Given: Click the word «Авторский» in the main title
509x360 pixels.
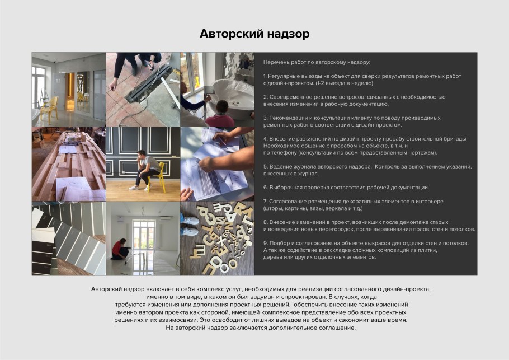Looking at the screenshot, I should [x=227, y=34].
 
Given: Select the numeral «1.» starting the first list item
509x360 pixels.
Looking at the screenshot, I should [x=265, y=75].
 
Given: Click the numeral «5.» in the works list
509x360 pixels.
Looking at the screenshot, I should [x=265, y=166].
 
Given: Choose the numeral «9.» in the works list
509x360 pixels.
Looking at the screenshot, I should [x=265, y=243].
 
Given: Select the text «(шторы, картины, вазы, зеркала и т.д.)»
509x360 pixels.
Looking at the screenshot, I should [x=313, y=208].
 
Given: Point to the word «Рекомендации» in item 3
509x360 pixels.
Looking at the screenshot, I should [x=290, y=118].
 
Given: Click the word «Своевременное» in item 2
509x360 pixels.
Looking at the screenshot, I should [x=291, y=96].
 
